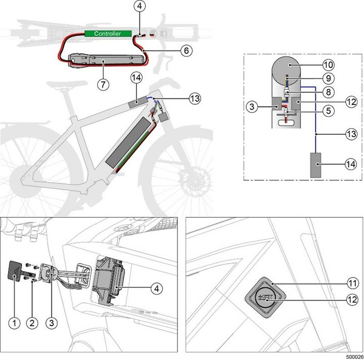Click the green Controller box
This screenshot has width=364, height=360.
(108, 34)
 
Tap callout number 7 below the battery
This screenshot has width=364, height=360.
(103, 84)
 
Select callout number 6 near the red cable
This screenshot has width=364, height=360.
(172, 51)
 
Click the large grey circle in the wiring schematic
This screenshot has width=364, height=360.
(287, 68)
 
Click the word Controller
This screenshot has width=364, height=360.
(108, 34)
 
